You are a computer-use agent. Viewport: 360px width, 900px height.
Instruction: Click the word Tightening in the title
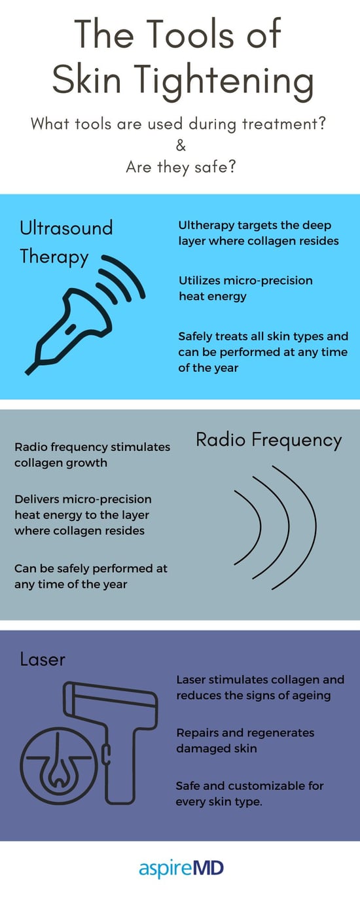228,81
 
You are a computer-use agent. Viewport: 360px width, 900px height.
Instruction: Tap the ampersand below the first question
181,145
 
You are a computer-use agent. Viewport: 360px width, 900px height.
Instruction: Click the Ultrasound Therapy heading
66,242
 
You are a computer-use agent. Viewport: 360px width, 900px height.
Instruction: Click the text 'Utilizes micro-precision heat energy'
245,288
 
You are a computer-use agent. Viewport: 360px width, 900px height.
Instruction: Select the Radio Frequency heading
268,440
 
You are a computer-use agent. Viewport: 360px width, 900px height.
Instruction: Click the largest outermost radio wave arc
315,527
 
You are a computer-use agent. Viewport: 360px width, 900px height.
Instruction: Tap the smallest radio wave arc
260,527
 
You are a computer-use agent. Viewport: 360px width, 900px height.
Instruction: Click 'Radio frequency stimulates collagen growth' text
92,455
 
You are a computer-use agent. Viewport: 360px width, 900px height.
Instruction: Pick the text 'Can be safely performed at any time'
91,576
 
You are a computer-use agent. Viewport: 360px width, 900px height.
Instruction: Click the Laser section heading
42,659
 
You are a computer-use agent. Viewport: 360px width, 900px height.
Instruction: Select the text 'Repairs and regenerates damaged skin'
245,740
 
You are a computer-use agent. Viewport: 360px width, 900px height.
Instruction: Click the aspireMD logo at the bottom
181,869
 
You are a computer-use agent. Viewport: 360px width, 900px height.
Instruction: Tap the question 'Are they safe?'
181,167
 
